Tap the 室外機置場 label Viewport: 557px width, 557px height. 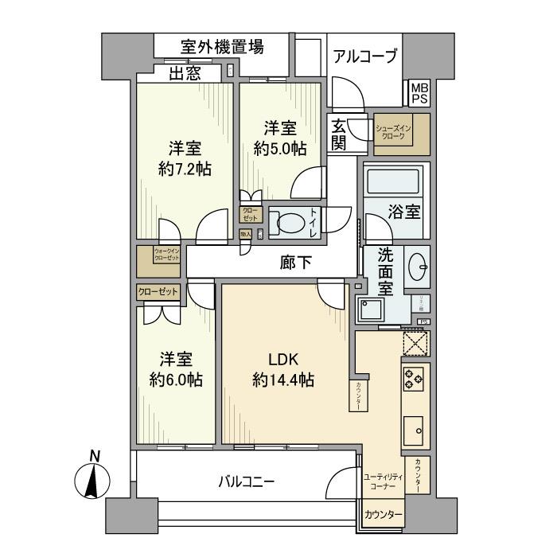pos(211,47)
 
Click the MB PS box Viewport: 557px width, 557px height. pos(419,93)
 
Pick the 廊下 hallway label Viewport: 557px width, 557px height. pos(294,262)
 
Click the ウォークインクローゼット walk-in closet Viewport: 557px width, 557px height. pos(158,256)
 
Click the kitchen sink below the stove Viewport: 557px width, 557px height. pos(415,430)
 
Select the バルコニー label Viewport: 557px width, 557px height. pos(247,481)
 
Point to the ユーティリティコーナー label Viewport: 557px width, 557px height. pos(383,480)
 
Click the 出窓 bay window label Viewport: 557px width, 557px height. pos(184,74)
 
